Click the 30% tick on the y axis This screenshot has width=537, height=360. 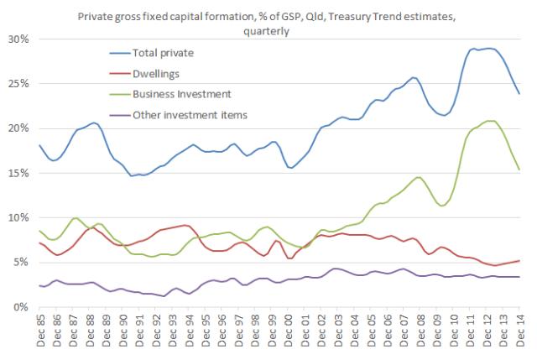click(18, 39)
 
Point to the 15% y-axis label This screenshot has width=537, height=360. click(18, 173)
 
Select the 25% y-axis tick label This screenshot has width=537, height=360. click(18, 84)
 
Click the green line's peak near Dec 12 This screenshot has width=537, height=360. click(489, 121)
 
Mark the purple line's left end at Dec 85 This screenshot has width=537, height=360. click(39, 285)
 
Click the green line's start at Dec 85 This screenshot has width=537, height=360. click(39, 230)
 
